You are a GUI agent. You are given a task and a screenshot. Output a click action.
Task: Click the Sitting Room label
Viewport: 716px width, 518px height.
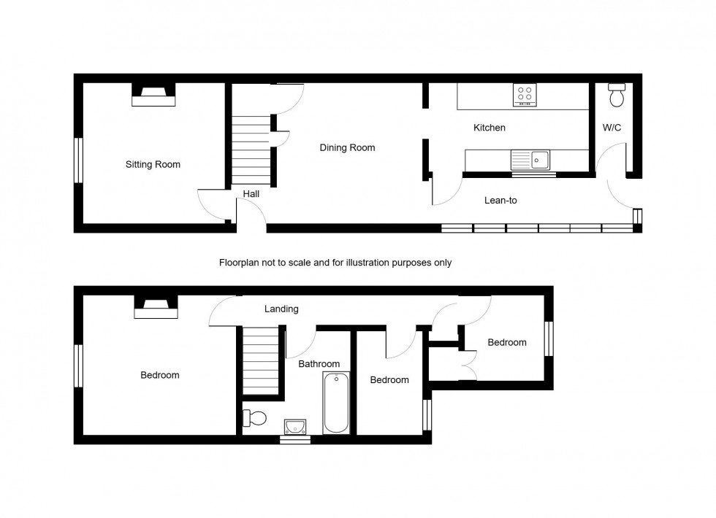click(153, 164)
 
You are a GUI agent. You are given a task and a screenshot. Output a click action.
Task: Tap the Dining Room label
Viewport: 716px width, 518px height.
click(347, 147)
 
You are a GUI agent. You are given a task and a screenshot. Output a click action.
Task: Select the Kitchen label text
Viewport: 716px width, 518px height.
click(489, 128)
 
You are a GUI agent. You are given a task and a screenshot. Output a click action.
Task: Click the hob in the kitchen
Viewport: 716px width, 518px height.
click(525, 94)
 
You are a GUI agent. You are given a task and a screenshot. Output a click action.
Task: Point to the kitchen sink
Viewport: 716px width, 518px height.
click(541, 158)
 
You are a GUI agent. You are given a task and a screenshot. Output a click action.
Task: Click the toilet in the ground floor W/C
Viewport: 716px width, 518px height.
click(617, 94)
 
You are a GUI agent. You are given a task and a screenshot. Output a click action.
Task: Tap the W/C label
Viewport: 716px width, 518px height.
click(612, 128)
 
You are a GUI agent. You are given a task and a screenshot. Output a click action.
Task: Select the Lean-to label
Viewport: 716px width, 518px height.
click(500, 200)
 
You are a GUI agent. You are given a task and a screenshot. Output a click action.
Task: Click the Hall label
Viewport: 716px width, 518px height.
click(251, 194)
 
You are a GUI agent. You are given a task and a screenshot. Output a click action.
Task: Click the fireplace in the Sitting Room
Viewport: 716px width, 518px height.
click(153, 95)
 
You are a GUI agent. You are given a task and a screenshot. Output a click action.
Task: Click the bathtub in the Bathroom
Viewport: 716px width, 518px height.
click(336, 403)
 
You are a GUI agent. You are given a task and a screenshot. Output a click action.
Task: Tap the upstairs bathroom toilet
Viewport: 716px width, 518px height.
click(255, 418)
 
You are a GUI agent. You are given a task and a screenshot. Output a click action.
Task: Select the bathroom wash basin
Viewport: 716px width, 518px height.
click(295, 426)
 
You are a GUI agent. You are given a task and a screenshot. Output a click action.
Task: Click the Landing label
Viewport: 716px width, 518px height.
click(281, 309)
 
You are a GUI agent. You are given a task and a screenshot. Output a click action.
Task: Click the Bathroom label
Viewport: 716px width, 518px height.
click(319, 363)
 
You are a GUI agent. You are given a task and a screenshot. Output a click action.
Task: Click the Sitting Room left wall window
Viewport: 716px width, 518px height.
click(77, 159)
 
